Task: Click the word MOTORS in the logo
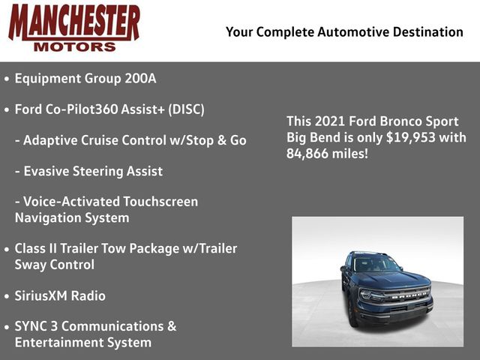pyautogui.click(x=75, y=46)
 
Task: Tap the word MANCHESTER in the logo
pyautogui.click(x=74, y=23)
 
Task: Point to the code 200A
pyautogui.click(x=140, y=78)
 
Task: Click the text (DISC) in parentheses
pyautogui.click(x=186, y=109)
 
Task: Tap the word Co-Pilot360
pyautogui.click(x=82, y=109)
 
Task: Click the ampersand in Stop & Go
pyautogui.click(x=222, y=140)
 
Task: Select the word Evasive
pyautogui.click(x=48, y=171)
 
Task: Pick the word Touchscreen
pyautogui.click(x=160, y=202)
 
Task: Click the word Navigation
pyautogui.click(x=48, y=218)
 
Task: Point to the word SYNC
pyautogui.click(x=31, y=326)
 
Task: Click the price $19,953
pyautogui.click(x=410, y=137)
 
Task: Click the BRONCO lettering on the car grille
pyautogui.click(x=409, y=295)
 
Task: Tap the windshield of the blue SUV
pyautogui.click(x=377, y=263)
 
